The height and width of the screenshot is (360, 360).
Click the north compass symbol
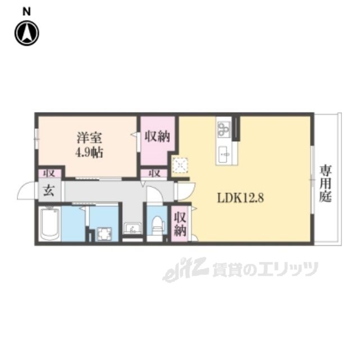pos(27,33)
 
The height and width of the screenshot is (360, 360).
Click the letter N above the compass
pos(26,11)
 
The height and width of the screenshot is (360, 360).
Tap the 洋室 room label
pos(89,138)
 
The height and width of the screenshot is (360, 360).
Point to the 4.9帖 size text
pos(89,152)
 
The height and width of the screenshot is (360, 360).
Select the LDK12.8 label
pos(240,198)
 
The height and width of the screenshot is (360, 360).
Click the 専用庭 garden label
pos(326,184)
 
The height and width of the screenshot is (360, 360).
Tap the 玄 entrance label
pos(49,191)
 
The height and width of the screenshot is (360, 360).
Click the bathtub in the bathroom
pos(49,224)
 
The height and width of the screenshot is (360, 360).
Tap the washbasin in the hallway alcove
pos(133,228)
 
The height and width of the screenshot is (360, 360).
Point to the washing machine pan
pos(104,234)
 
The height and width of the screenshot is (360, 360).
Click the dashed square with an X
pos(180,165)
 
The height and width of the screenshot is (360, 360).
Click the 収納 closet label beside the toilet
pos(180,224)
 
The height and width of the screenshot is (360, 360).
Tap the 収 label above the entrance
pos(49,174)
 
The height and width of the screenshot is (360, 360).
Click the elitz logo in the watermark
pos(186,269)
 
